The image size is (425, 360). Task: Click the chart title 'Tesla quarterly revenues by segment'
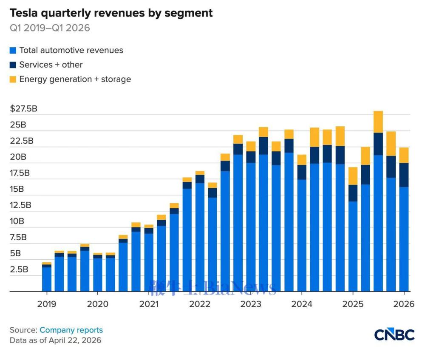pos(111,13)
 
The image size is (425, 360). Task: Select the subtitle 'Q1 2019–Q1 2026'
pos(50,28)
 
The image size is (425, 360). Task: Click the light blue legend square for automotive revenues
pos(13,51)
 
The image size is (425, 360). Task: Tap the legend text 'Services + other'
pos(51,65)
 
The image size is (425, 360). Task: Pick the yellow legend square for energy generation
pos(13,79)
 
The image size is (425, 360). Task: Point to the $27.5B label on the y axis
pos(24,109)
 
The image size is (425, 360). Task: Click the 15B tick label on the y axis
pos(18,189)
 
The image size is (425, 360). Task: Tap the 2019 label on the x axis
pos(46,304)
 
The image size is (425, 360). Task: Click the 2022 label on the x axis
pos(200,304)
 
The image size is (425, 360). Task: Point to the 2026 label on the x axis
pos(404,304)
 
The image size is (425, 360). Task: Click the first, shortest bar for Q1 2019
pos(46,278)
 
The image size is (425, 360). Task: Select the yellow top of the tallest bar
pos(378,122)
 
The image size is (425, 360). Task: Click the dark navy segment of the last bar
pos(404,175)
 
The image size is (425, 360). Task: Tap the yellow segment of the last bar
pos(404,155)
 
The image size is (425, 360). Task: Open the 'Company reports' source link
pos(71,330)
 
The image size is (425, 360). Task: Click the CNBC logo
pos(394,334)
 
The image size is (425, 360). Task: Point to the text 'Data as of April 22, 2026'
pos(55,340)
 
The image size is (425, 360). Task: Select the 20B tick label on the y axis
pos(18,157)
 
